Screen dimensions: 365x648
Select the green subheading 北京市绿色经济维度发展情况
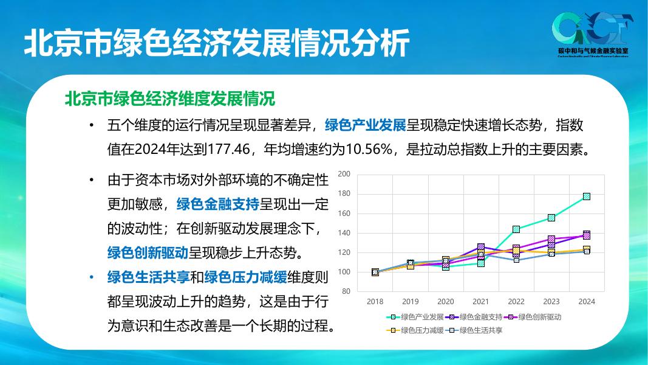pyautogui.click(x=169, y=99)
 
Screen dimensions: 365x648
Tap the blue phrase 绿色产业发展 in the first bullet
pyautogui.click(x=365, y=126)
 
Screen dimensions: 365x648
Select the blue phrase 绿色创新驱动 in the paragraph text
pyautogui.click(x=148, y=252)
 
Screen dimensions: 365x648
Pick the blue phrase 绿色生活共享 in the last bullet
pyautogui.click(x=148, y=277)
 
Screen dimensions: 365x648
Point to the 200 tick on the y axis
pyautogui.click(x=344, y=175)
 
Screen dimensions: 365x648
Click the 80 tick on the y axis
pyautogui.click(x=346, y=291)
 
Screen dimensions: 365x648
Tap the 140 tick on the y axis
pyautogui.click(x=344, y=233)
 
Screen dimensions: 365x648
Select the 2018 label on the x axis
pyautogui.click(x=375, y=302)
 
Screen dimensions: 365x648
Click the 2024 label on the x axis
pyautogui.click(x=586, y=302)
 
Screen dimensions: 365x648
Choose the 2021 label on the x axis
pyautogui.click(x=480, y=302)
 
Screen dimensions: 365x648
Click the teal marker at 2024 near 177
pyautogui.click(x=586, y=196)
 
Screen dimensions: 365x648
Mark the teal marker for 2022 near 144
pyautogui.click(x=516, y=229)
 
